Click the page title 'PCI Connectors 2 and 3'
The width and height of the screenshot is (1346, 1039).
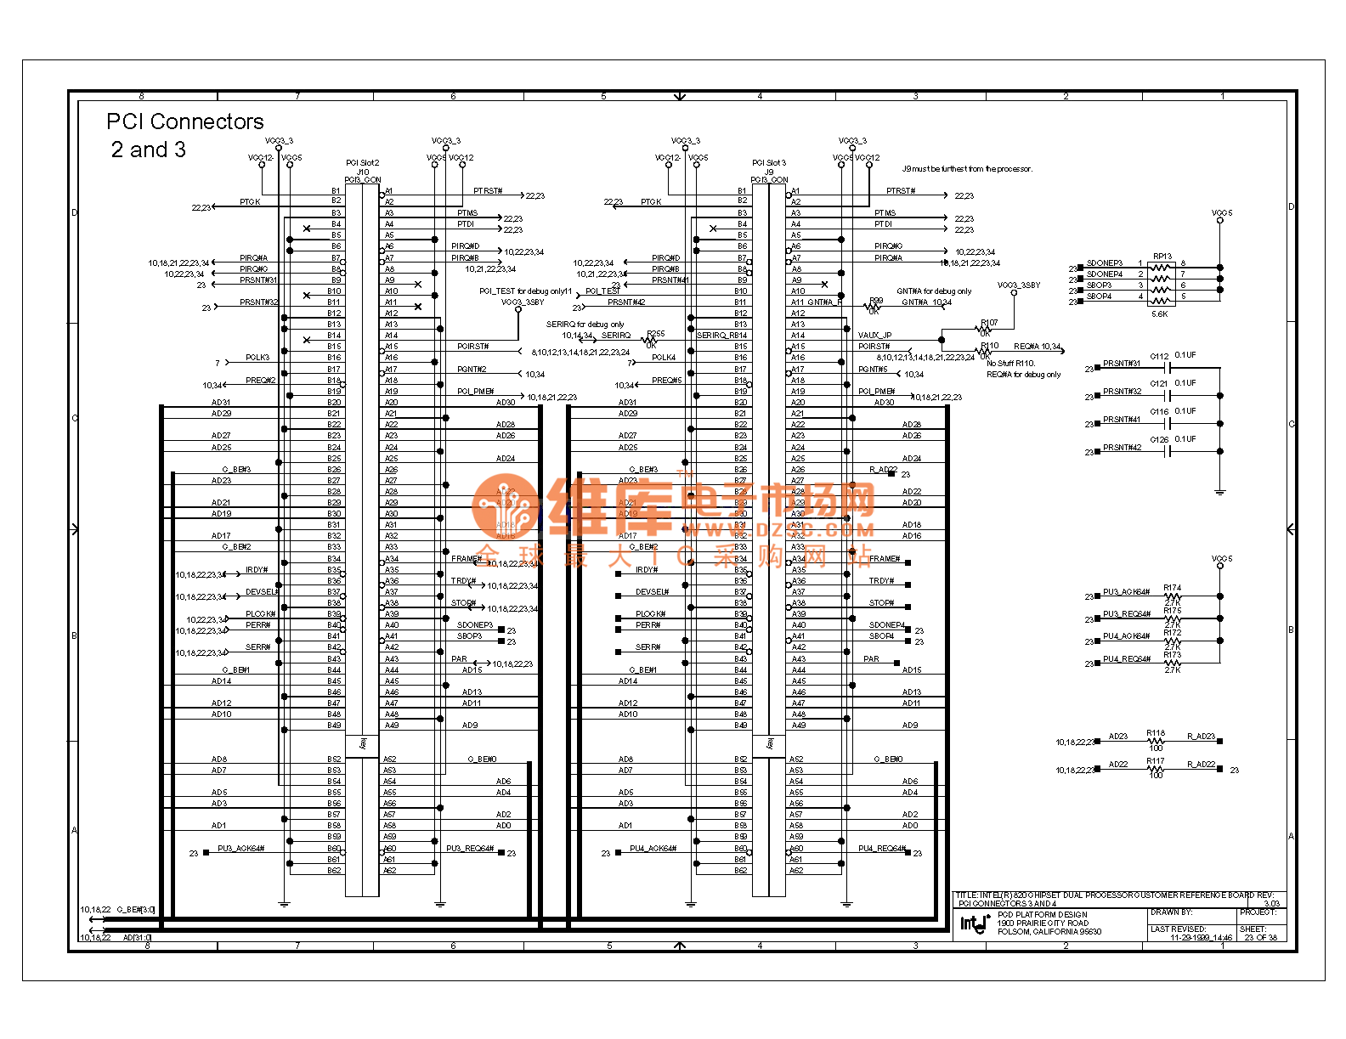pos(184,135)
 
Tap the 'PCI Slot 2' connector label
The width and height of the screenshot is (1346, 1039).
pos(362,162)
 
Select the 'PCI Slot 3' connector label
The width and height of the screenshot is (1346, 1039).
pos(768,162)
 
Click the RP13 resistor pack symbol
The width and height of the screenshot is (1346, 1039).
pos(1160,281)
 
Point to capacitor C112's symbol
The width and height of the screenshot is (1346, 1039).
pos(1168,368)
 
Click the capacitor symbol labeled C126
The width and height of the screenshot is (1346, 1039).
pos(1168,451)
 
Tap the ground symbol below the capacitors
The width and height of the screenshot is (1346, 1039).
pos(1220,491)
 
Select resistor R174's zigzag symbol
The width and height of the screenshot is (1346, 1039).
pos(1172,596)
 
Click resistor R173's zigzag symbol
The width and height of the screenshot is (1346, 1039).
pos(1172,663)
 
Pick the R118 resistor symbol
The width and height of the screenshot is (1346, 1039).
pos(1155,741)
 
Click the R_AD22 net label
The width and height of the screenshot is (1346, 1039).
pos(1201,765)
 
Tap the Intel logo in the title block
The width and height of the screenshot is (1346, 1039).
pos(974,923)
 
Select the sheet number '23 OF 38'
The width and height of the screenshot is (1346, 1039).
pos(1260,938)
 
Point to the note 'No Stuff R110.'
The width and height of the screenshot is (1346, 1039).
pos(1010,363)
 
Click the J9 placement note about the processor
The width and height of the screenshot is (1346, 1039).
pos(967,169)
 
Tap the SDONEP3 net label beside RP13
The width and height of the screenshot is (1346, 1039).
pos(1104,263)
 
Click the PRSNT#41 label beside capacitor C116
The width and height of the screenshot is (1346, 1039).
pos(1121,420)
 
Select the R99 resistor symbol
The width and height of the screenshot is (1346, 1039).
pos(874,307)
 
